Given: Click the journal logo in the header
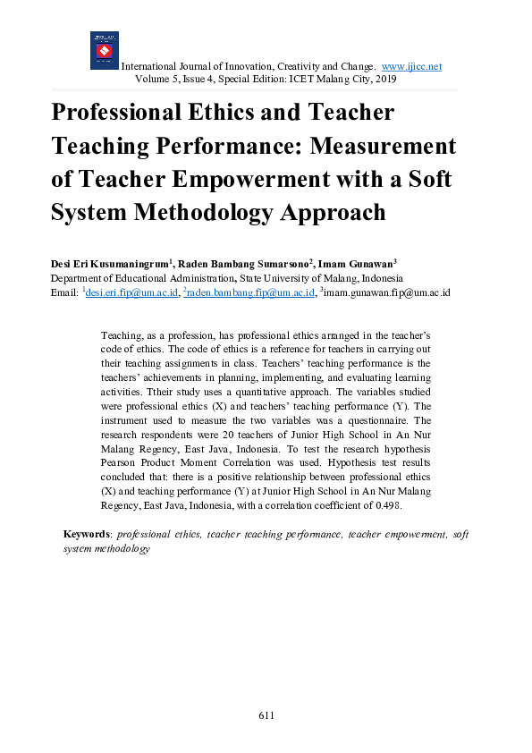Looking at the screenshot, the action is [x=104, y=51].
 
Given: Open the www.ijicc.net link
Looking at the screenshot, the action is [x=411, y=67].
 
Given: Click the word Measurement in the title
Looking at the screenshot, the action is [x=385, y=146].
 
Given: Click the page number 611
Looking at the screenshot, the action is [x=266, y=715].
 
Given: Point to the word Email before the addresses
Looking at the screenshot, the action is [x=64, y=292].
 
